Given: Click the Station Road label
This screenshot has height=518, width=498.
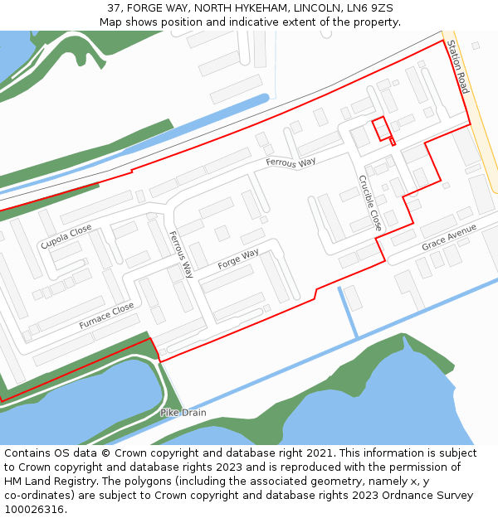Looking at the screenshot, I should (x=457, y=66).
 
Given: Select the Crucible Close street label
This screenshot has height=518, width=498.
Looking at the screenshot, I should (x=370, y=202).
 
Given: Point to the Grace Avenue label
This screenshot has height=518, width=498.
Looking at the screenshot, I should (x=448, y=237).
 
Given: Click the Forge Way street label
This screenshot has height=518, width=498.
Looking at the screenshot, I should (x=238, y=259).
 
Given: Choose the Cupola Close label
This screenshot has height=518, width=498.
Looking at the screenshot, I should (x=66, y=236).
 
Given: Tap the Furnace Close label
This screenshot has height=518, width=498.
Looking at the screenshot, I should (x=106, y=316).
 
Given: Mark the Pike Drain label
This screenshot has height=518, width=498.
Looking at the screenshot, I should (x=183, y=412).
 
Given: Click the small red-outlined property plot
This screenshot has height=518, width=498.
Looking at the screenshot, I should (x=381, y=129).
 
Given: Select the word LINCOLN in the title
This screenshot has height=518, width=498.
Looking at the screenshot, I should (x=300, y=8).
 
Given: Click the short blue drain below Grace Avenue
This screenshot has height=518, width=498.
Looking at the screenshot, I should (x=348, y=312).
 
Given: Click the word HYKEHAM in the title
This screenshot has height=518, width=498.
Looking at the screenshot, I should (x=241, y=8).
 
